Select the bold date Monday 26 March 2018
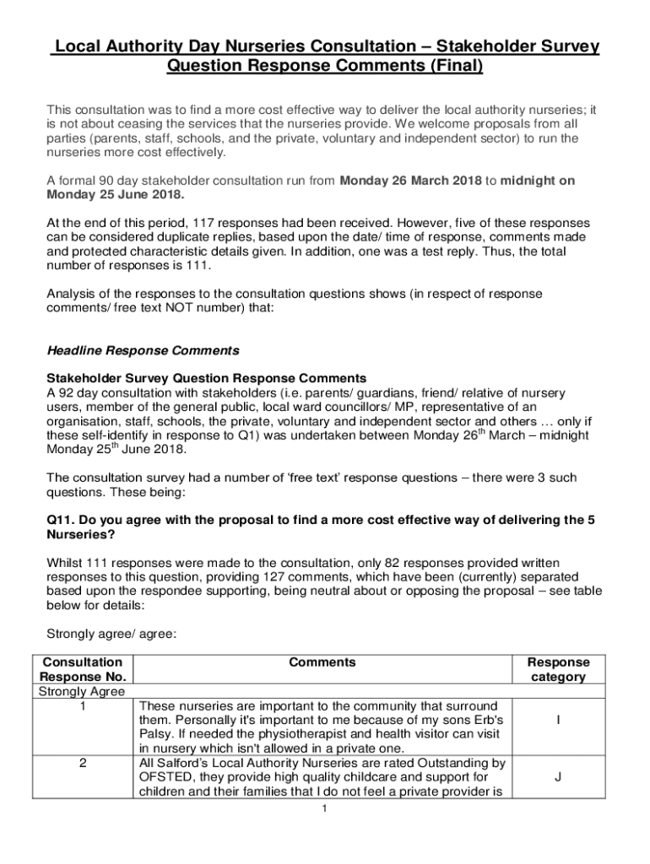pyautogui.click(x=410, y=181)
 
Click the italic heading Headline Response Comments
pyautogui.click(x=143, y=350)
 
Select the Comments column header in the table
pyautogui.click(x=322, y=663)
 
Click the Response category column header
pyautogui.click(x=558, y=670)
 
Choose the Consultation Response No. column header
pyautogui.click(x=83, y=670)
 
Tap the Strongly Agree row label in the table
pyautogui.click(x=82, y=692)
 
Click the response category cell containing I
pyautogui.click(x=558, y=720)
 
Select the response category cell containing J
pyautogui.click(x=558, y=777)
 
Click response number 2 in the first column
pyautogui.click(x=83, y=763)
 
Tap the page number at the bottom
pyautogui.click(x=325, y=809)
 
